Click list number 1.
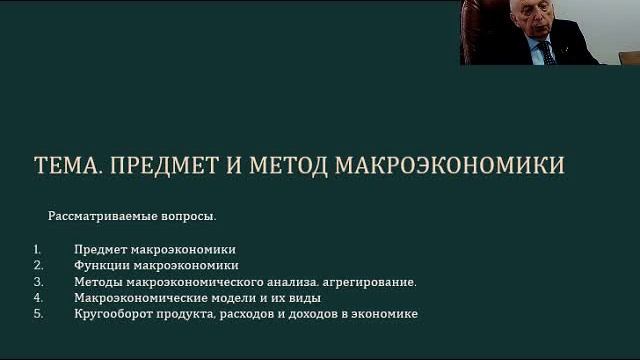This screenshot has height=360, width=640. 36,248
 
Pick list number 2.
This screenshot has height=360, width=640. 37,265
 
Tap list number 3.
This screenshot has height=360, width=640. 37,282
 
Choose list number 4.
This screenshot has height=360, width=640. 37,298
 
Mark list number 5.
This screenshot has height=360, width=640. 37,314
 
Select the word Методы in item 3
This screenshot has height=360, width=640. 97,282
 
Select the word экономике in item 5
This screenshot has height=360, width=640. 385,314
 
